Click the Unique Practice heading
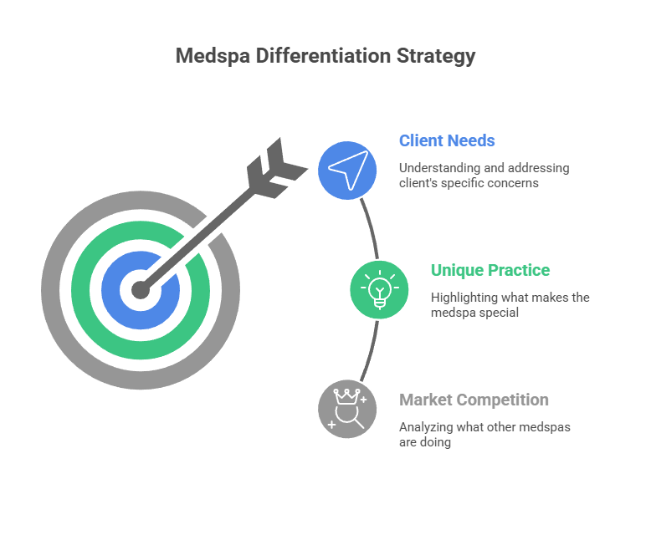point(490,270)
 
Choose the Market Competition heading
point(474,400)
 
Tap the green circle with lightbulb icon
point(380,290)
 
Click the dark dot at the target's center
point(141,291)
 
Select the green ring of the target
point(84,291)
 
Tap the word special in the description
point(500,313)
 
